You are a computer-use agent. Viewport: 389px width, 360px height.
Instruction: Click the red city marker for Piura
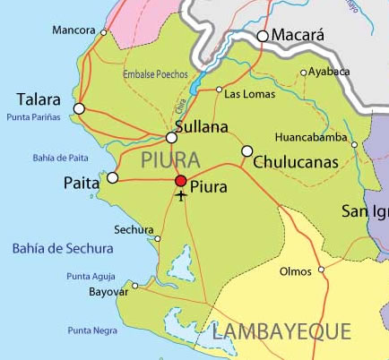click(x=180, y=181)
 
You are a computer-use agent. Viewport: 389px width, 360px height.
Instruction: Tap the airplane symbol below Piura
click(x=182, y=195)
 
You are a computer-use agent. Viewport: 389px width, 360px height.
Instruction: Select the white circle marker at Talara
click(x=79, y=108)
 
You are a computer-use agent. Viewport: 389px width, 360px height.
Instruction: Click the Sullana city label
click(x=202, y=127)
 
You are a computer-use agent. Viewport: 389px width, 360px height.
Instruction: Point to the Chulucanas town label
click(x=295, y=163)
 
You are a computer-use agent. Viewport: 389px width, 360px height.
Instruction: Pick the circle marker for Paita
click(x=112, y=178)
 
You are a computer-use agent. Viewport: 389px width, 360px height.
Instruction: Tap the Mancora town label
click(x=73, y=30)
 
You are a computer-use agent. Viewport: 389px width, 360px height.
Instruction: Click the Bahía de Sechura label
click(x=63, y=248)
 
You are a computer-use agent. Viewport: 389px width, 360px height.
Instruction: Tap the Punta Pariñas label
click(x=33, y=117)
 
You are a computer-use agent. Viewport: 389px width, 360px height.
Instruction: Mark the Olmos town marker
click(x=321, y=270)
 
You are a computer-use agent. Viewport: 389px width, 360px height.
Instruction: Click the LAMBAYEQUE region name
click(x=281, y=332)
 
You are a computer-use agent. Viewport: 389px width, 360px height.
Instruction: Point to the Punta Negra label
click(x=92, y=330)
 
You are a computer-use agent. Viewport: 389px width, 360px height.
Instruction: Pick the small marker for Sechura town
click(x=158, y=239)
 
